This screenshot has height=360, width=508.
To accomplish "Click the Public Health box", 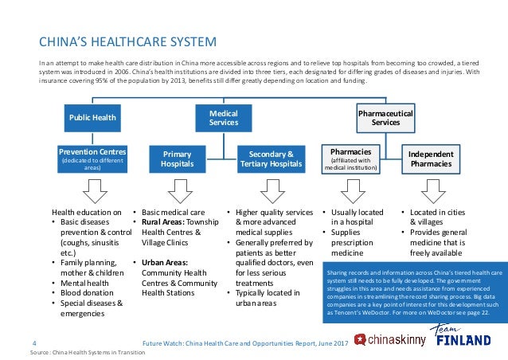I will click(93, 119).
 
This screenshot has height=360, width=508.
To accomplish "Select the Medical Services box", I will click(223, 119).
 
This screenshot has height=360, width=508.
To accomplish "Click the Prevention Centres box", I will click(93, 158).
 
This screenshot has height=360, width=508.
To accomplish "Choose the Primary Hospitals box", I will click(178, 158).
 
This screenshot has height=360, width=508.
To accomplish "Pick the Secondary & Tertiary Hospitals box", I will click(272, 158).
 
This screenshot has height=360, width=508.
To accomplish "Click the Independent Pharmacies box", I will click(431, 158).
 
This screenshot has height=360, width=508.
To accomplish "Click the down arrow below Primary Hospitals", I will click(178, 191).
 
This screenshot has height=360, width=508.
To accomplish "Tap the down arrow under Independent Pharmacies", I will click(431, 191).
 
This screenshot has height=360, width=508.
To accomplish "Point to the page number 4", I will click(33, 342).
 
